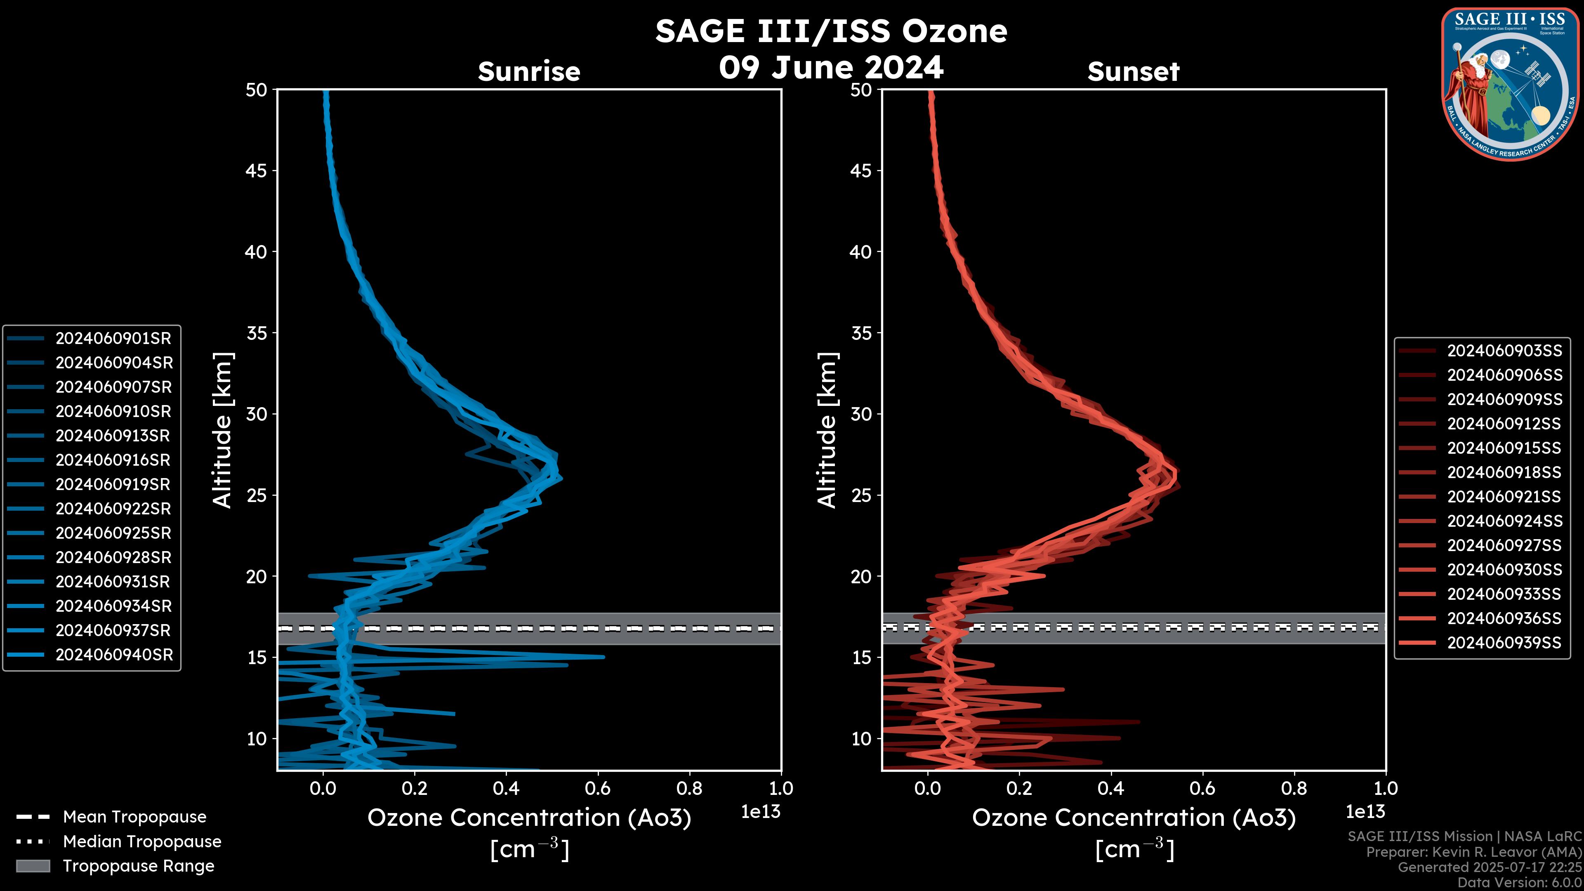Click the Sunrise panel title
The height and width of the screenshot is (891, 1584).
click(x=529, y=71)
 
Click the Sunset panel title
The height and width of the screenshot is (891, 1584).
click(x=1133, y=71)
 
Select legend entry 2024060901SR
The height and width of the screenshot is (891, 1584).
click(x=113, y=338)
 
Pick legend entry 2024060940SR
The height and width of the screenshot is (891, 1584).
click(x=114, y=655)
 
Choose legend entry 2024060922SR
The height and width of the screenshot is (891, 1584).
click(x=113, y=509)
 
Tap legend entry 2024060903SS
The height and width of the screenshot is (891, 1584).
click(x=1504, y=351)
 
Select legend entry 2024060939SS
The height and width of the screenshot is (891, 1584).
click(x=1504, y=643)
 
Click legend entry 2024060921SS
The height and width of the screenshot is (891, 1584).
click(x=1504, y=496)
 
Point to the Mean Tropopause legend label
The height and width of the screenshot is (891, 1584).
click(x=134, y=817)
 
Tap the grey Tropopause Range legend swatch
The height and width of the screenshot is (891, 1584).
click(x=33, y=866)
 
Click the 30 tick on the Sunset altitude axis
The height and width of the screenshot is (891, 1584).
click(x=861, y=414)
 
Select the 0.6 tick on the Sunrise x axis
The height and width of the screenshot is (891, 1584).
click(x=598, y=788)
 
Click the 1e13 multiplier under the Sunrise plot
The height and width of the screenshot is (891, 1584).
click(x=761, y=812)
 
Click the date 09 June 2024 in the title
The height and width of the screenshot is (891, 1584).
click(x=831, y=68)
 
